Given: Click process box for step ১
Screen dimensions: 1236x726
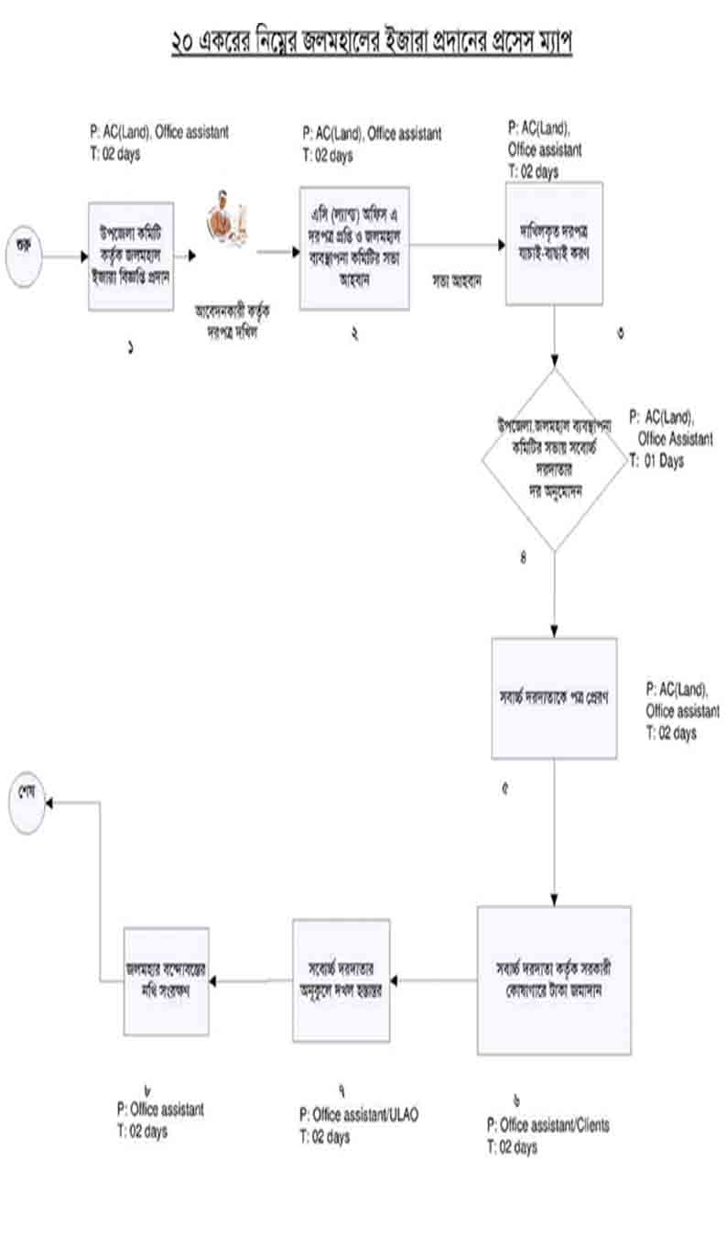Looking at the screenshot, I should tap(131, 257).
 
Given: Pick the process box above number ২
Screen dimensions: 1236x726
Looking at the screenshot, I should tap(354, 248).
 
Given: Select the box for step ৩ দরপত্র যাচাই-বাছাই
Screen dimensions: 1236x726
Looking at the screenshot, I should tap(554, 243).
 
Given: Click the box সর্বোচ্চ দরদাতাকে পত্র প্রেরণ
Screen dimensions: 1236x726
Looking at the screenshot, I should tap(554, 697).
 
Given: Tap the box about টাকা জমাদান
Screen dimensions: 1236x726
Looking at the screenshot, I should tap(554, 979).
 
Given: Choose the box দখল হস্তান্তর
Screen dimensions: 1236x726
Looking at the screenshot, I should tap(341, 979).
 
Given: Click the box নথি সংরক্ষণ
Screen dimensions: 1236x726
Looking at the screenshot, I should tap(166, 980).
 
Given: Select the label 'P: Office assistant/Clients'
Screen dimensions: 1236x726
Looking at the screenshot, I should tap(548, 1124).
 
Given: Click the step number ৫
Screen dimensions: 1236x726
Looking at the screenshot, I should tap(504, 787).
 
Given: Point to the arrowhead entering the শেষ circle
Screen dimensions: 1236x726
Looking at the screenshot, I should tap(49, 802).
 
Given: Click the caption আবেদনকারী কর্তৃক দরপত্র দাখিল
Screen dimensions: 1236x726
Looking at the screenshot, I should tap(233, 316).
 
